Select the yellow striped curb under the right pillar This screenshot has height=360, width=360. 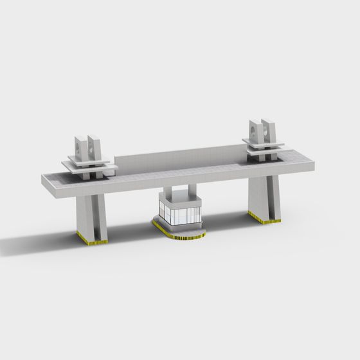pos(264,218)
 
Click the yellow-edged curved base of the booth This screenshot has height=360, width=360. pos(183,234)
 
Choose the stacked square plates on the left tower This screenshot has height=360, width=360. pos(90,166)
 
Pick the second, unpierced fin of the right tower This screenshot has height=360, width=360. pos(271,131)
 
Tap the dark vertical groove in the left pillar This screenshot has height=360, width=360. pos(97,219)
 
